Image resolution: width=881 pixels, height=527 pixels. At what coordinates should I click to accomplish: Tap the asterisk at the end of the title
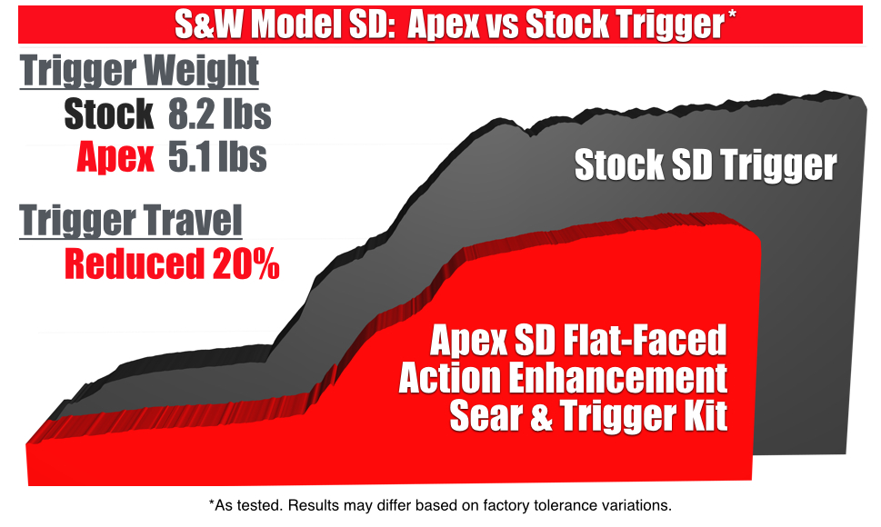pos(732,15)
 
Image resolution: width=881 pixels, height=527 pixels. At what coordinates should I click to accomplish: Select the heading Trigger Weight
pos(139,71)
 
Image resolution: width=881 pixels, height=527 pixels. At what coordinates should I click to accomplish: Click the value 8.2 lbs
pos(220,114)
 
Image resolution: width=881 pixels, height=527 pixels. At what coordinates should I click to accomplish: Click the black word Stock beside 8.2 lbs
pos(108,114)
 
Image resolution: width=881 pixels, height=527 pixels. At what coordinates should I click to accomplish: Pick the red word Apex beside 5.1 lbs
pos(115,157)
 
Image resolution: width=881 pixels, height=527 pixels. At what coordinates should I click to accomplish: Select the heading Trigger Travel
pos(131,221)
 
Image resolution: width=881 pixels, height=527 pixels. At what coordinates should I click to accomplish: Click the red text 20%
pos(246,263)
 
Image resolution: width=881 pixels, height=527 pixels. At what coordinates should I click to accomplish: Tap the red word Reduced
pos(135,263)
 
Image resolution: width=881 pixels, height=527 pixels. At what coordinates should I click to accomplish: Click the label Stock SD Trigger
pos(706,165)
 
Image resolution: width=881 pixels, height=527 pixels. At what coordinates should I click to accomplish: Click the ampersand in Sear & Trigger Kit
pos(541,415)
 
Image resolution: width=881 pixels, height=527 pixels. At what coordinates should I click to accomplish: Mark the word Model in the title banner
pos(295,25)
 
